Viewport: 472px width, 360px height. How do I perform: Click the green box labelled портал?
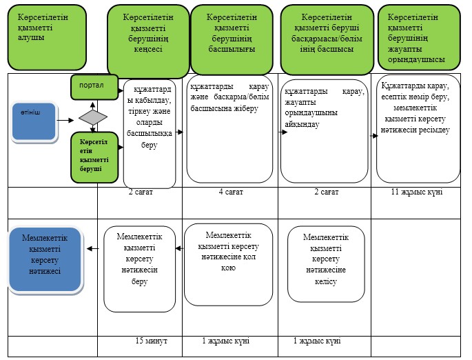(x=94, y=87)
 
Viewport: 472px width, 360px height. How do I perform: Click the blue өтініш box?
(x=34, y=121)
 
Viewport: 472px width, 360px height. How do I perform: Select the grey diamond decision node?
(x=93, y=117)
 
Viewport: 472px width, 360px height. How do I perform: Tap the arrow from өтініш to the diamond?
(x=65, y=121)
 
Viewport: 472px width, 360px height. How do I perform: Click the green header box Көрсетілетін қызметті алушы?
(x=47, y=37)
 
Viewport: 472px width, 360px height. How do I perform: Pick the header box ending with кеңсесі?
(x=148, y=41)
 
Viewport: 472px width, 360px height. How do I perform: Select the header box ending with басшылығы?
(x=232, y=39)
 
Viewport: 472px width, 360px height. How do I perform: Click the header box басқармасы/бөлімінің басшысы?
(x=327, y=39)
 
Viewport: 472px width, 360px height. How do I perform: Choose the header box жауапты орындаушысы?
(x=419, y=37)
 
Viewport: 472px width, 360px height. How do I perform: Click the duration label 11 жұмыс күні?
(x=417, y=192)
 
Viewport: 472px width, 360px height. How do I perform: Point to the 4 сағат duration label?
(x=231, y=192)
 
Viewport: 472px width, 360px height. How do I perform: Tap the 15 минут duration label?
(x=151, y=341)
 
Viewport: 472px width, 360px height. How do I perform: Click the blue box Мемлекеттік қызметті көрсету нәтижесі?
(x=45, y=259)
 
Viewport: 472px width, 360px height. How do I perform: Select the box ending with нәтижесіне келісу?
(x=326, y=264)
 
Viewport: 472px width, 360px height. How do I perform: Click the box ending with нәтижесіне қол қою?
(x=229, y=265)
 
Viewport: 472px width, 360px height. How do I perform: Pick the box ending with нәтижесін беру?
(x=139, y=269)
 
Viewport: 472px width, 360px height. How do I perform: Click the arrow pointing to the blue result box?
(x=93, y=248)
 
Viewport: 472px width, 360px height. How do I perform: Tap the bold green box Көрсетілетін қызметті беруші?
(x=94, y=157)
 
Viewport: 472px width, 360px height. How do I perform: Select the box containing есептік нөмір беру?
(x=418, y=129)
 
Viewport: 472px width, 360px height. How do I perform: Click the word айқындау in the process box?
(x=302, y=124)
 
